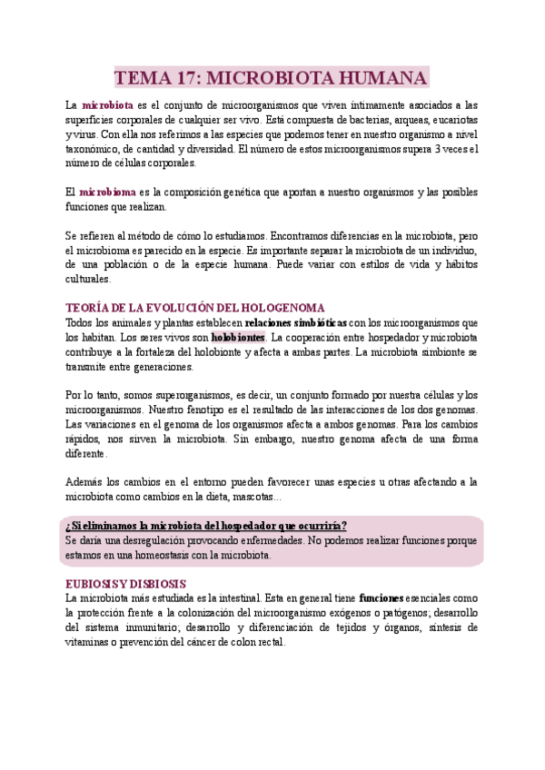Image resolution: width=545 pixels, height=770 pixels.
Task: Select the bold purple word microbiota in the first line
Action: coord(107,105)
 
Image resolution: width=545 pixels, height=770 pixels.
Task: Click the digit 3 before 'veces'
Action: coord(440,149)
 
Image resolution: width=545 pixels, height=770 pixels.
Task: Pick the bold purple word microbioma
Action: coord(107,192)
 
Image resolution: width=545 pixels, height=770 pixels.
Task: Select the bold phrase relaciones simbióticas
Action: coord(296,322)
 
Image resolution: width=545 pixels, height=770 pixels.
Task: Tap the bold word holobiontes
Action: coord(238,337)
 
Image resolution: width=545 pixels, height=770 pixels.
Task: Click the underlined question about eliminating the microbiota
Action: coord(206,526)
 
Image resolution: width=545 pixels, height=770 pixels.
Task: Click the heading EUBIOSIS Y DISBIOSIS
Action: coord(126,584)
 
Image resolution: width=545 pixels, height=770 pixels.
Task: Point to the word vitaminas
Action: coord(92,642)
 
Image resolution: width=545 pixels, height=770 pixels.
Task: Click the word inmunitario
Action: coord(154,627)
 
